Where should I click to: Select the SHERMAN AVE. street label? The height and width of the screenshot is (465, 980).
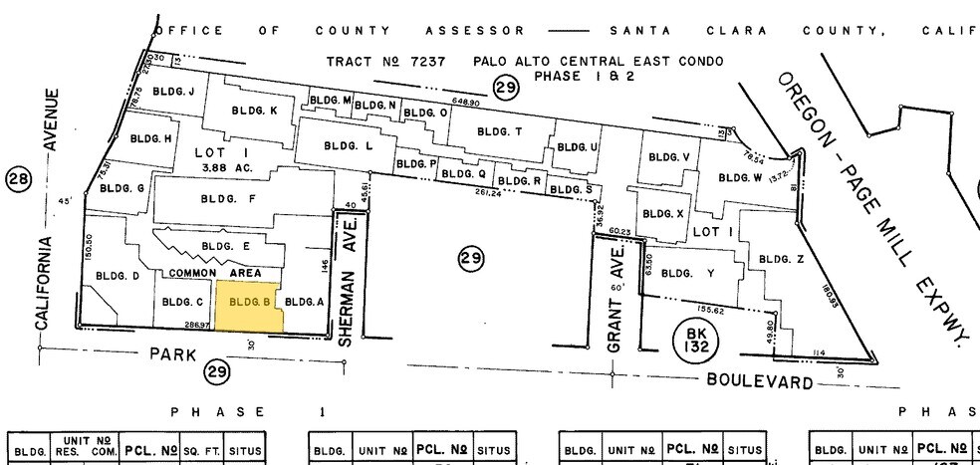(349, 291)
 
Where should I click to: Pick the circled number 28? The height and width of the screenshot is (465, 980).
(18, 179)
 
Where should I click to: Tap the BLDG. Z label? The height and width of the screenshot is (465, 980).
(781, 259)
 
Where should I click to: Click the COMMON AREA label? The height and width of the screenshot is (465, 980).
(214, 273)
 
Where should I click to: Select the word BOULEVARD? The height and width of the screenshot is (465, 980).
(758, 380)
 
